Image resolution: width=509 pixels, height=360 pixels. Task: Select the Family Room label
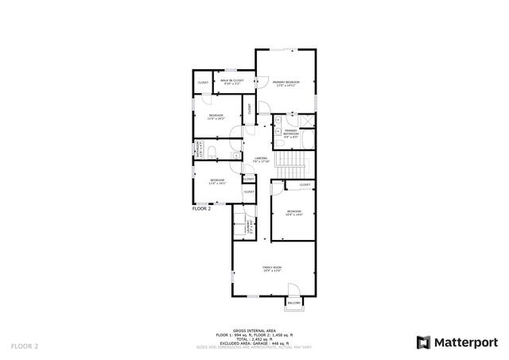pos(273,269)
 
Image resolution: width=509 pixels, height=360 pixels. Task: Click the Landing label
pos(261,160)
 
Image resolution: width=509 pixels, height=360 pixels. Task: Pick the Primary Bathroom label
pos(292,134)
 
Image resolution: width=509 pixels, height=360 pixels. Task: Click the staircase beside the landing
pos(295,167)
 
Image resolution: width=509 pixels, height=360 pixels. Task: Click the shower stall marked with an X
pos(306,122)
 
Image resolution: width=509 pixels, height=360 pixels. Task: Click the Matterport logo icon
pos(422,343)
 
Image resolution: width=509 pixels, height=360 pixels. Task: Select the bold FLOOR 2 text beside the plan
pos(202,208)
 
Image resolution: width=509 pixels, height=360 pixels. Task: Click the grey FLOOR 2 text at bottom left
pos(25,346)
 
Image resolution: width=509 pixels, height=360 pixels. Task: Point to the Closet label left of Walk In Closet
pos(203,83)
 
